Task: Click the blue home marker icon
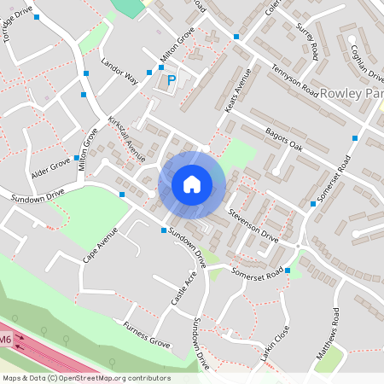(x=192, y=184)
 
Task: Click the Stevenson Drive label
(x=253, y=224)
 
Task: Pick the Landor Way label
(x=119, y=72)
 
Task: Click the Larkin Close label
(x=276, y=341)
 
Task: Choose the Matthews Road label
(x=330, y=333)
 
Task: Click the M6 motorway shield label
(x=6, y=340)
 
